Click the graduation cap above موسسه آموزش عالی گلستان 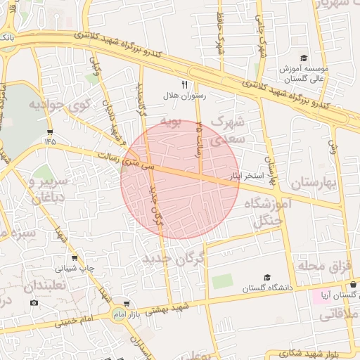(304, 58)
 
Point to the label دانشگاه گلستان (266, 288)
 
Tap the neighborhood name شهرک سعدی (227, 131)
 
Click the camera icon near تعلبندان (34, 302)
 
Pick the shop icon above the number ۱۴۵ (49, 131)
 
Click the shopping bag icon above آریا (353, 285)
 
